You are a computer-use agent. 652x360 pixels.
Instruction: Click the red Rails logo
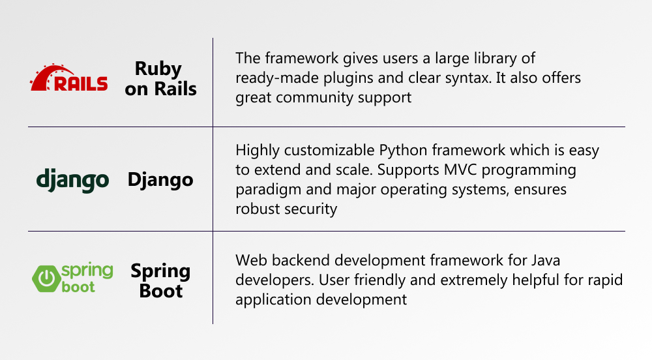pos(68,78)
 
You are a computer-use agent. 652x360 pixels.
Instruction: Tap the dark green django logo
pos(73,181)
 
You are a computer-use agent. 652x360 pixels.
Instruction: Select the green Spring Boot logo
pos(72,278)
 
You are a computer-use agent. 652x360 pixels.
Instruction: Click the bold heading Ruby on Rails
pos(160,78)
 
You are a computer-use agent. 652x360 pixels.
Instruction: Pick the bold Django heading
pos(160,180)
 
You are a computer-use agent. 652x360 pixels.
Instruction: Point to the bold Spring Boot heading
pos(160,280)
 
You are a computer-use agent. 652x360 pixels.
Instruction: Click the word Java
pos(545,260)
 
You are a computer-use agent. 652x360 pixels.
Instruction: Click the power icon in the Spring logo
pos(46,278)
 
